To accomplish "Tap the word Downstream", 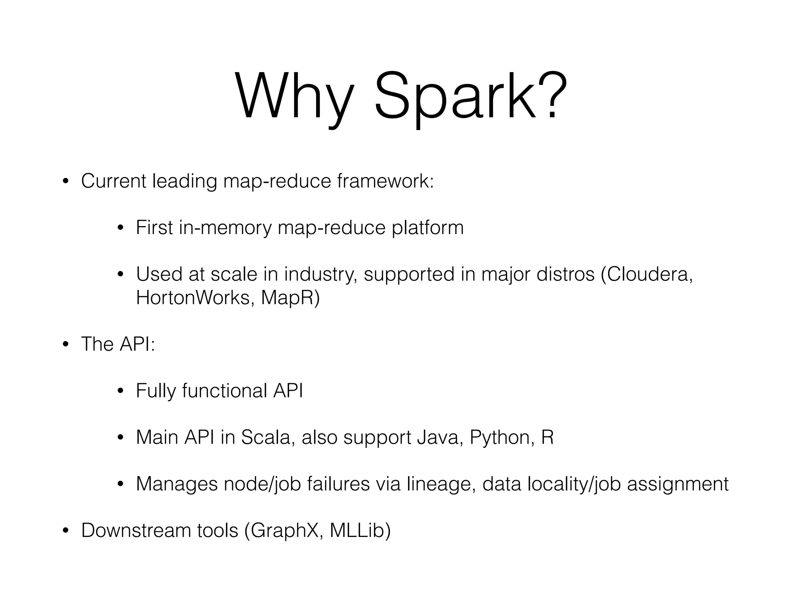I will tap(136, 530).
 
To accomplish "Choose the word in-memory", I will tap(225, 228).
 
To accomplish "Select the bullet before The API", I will tap(65, 345).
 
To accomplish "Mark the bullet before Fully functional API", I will tap(121, 391).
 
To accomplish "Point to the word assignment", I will tap(677, 484).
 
